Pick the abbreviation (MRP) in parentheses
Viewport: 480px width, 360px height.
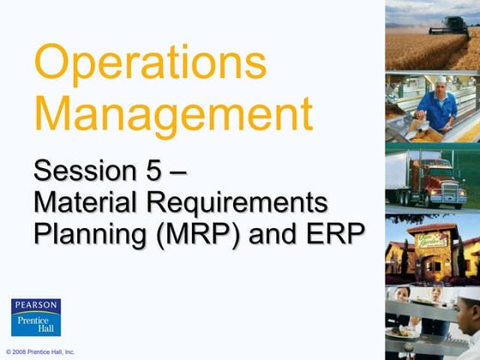pyautogui.click(x=196, y=232)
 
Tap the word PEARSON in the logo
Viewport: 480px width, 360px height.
pyautogui.click(x=35, y=305)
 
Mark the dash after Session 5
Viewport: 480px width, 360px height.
pyautogui.click(x=178, y=171)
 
